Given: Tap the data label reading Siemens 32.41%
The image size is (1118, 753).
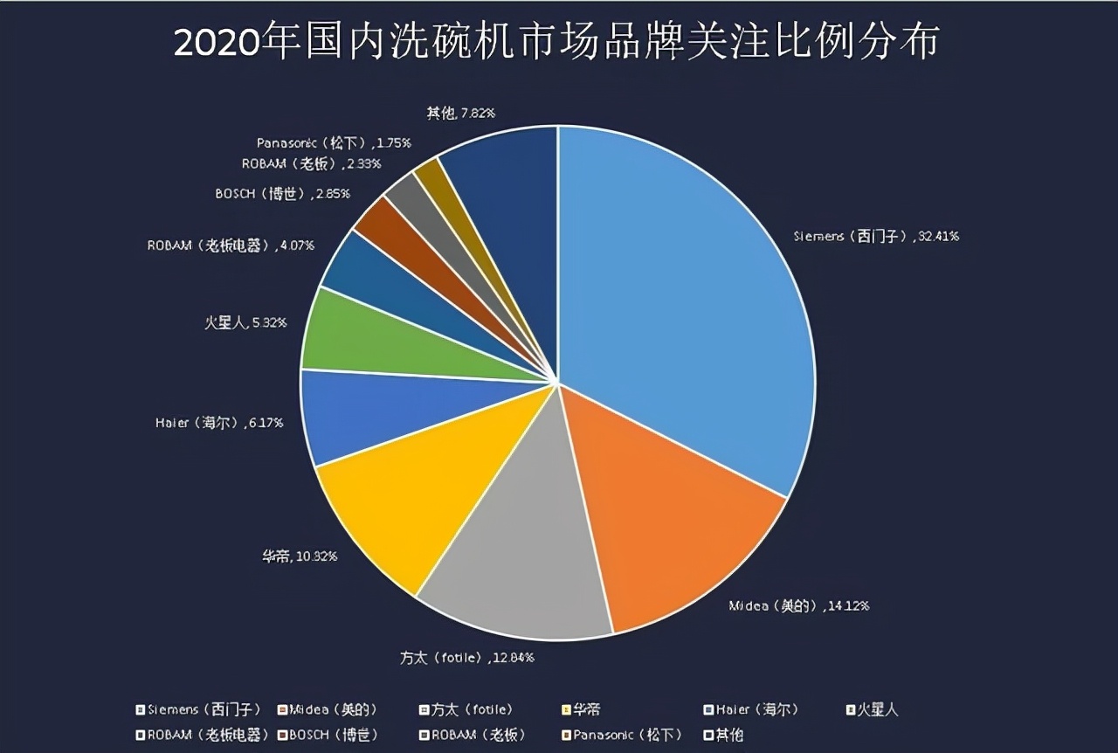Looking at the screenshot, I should (x=875, y=236).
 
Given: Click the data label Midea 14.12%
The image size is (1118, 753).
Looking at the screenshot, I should (x=798, y=605).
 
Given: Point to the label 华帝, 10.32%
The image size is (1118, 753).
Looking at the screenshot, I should (x=299, y=556).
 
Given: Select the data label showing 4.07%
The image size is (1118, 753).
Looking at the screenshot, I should (x=231, y=245).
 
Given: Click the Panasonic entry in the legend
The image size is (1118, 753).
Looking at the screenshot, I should (x=622, y=735).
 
